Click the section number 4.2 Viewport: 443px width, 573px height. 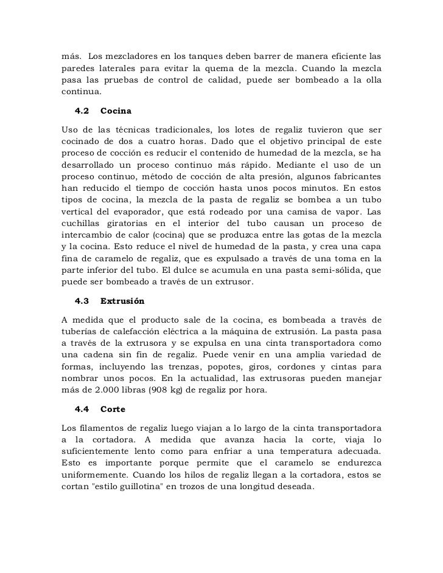[x=82, y=112]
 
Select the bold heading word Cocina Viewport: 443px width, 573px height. [x=115, y=112]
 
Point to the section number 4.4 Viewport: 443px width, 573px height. [x=82, y=408]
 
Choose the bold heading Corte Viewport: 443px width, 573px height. [x=113, y=408]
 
